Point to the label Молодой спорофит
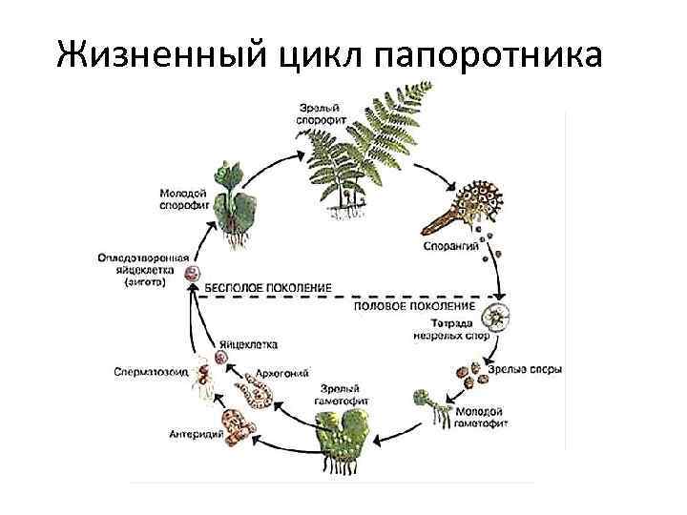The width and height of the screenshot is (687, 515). (x=183, y=200)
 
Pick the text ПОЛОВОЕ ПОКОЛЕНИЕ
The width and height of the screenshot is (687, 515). (x=415, y=307)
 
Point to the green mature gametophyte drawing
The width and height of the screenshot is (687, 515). (x=344, y=438)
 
